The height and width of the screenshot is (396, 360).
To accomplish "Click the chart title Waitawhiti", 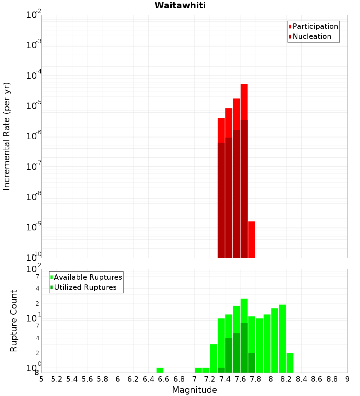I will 180,5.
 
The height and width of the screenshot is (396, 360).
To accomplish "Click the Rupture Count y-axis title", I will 14,320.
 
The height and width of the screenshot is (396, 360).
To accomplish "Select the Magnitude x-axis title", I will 194,390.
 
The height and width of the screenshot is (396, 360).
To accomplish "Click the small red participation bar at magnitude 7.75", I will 252,239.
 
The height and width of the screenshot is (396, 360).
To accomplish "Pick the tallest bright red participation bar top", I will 244,86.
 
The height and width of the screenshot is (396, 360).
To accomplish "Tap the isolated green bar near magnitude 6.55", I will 160,370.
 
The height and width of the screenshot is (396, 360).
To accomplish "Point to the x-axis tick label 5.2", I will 57,379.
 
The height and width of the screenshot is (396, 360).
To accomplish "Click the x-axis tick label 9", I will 347,379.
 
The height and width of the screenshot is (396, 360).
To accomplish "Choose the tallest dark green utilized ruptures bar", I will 244,347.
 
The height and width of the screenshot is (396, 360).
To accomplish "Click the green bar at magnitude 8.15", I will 282,338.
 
